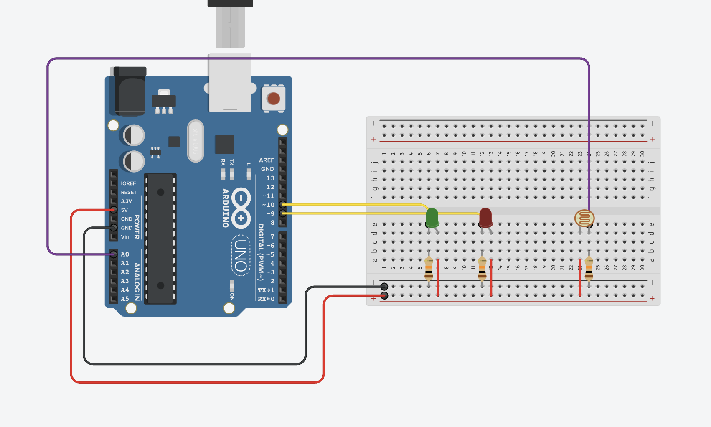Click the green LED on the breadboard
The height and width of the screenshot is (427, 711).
[x=432, y=217]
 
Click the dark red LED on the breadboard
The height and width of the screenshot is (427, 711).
[x=485, y=217]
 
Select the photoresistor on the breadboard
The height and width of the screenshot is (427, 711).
[x=584, y=218]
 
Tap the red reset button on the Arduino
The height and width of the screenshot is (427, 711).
[x=273, y=99]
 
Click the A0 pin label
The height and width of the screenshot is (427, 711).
[x=125, y=254]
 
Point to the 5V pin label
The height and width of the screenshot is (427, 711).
[x=124, y=210]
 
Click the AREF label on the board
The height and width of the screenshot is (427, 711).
[x=267, y=160]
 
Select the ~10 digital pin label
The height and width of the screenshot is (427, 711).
[x=268, y=205]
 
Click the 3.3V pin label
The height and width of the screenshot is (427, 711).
[x=126, y=201]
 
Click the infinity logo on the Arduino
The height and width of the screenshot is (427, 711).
[x=241, y=208]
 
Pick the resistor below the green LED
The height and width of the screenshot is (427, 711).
[x=429, y=267]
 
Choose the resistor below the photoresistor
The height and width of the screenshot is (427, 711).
[x=589, y=267]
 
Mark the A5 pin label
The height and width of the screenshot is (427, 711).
[x=125, y=299]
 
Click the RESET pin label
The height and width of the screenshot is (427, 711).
[x=129, y=192]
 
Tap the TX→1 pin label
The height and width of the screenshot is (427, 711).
[x=266, y=290]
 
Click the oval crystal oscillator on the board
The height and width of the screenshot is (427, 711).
[x=196, y=141]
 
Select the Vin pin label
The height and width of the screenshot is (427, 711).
[x=125, y=236]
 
